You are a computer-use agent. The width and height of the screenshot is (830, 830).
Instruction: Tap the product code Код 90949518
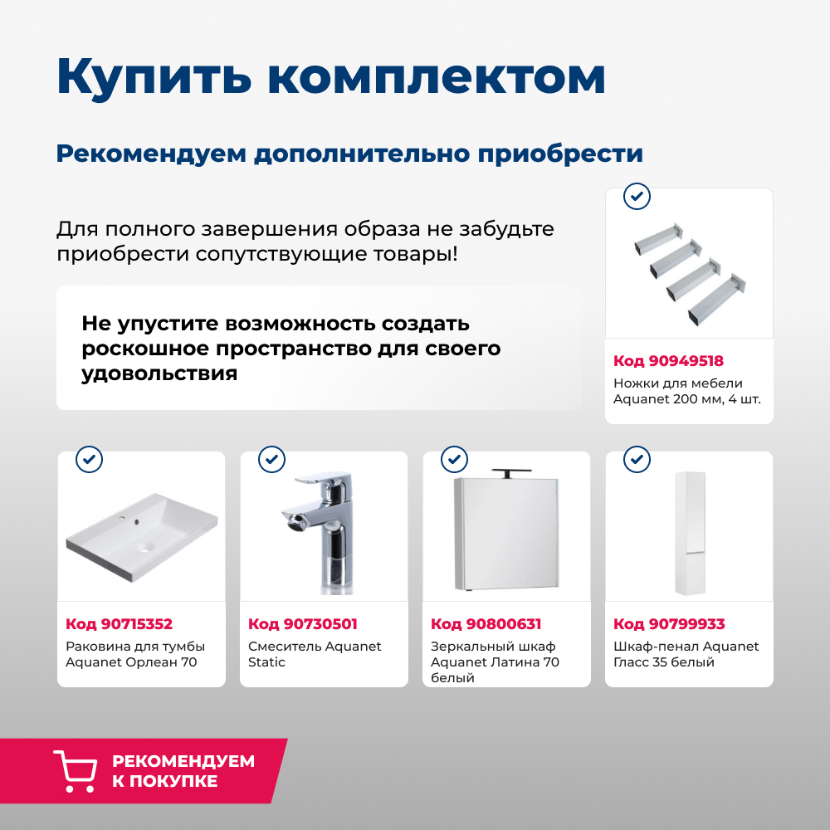(x=668, y=361)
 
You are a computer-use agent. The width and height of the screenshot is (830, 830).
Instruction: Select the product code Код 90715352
(x=119, y=624)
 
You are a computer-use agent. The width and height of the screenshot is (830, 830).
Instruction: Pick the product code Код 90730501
(x=302, y=624)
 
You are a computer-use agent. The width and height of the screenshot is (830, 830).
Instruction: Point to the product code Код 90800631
(x=486, y=624)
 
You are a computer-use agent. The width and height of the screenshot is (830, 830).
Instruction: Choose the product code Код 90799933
(x=668, y=624)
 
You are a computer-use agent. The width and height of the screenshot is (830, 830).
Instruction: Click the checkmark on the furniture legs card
(x=637, y=197)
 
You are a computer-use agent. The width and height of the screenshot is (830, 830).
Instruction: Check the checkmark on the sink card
(x=89, y=459)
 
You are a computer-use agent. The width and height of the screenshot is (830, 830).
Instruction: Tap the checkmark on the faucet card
(x=271, y=459)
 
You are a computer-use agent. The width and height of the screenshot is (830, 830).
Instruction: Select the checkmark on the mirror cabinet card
(x=454, y=459)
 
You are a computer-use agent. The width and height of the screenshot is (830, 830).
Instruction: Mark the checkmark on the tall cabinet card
(x=637, y=459)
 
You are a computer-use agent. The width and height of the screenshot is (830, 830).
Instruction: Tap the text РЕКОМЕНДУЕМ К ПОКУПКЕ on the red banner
(x=183, y=771)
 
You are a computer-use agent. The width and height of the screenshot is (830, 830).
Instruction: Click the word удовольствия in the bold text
(x=159, y=373)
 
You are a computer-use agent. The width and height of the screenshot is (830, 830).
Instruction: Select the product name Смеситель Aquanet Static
(x=315, y=654)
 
